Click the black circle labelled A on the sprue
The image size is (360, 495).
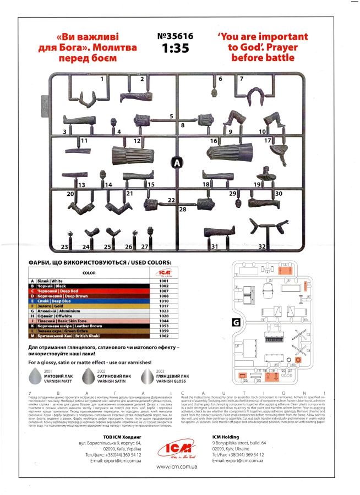pyautogui.click(x=177, y=163)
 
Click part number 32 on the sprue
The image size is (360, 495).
pyautogui.click(x=262, y=247)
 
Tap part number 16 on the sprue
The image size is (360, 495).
pyautogui.click(x=214, y=141)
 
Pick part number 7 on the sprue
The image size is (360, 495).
pyautogui.click(x=241, y=79)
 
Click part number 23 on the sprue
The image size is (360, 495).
pyautogui.click(x=64, y=247)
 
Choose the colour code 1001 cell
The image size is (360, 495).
pyautogui.click(x=163, y=281)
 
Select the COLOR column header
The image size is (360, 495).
pyautogui.click(x=89, y=272)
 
